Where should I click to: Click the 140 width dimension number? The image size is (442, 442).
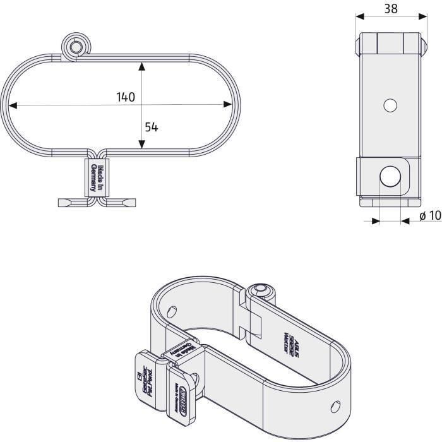click(x=126, y=97)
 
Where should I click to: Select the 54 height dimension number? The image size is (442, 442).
click(x=151, y=126)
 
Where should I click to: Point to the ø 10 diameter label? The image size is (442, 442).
click(x=429, y=216)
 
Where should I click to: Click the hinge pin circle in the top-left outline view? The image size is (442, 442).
click(x=75, y=47)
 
